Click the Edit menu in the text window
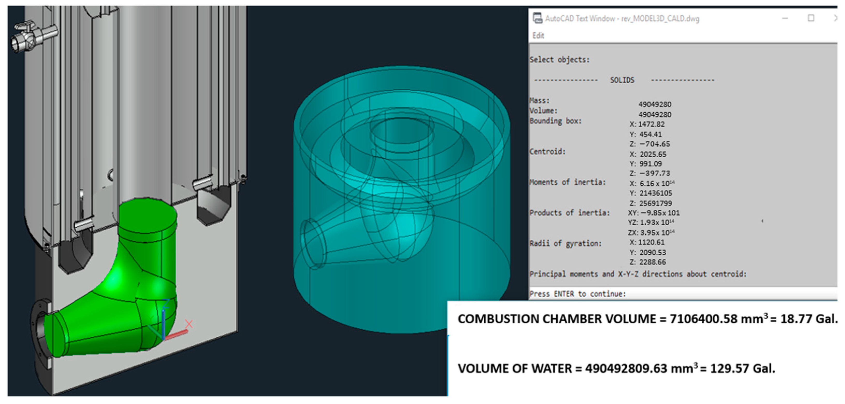pos(538,36)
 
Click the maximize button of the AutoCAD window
pos(811,18)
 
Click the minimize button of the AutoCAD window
pos(785,18)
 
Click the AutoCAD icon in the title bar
pos(537,18)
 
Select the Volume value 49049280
pos(654,115)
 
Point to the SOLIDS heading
pos(622,80)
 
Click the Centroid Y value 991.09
pos(651,164)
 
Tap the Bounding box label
pos(555,121)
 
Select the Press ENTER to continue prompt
pos(577,294)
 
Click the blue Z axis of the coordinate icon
pos(163,320)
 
